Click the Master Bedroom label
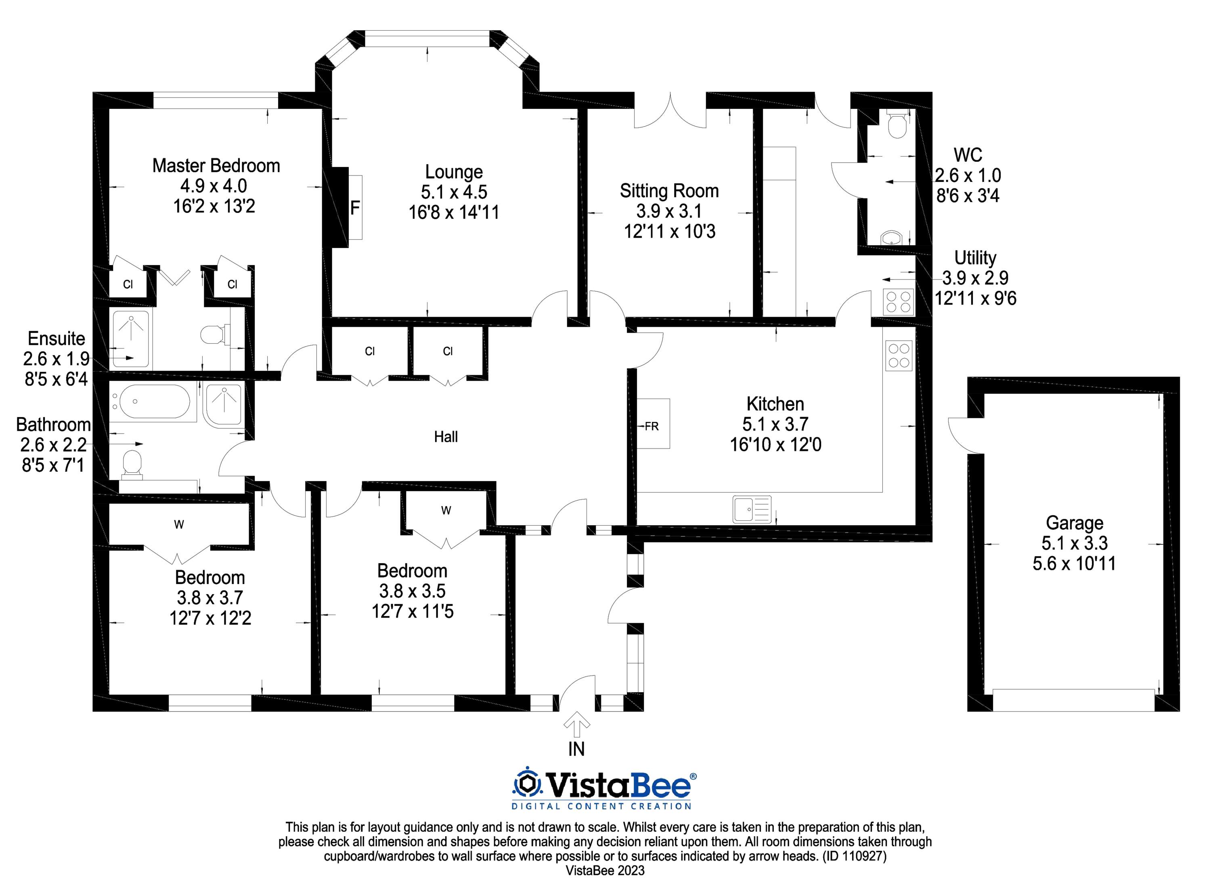216,165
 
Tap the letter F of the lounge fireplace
354,207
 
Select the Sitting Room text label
669,191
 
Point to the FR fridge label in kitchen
651,426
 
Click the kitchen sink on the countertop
752,509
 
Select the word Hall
445,436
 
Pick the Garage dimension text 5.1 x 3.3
1074,543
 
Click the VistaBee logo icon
527,785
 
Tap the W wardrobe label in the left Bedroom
179,524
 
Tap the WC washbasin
892,237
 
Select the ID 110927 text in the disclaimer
854,856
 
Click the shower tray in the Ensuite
130,338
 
